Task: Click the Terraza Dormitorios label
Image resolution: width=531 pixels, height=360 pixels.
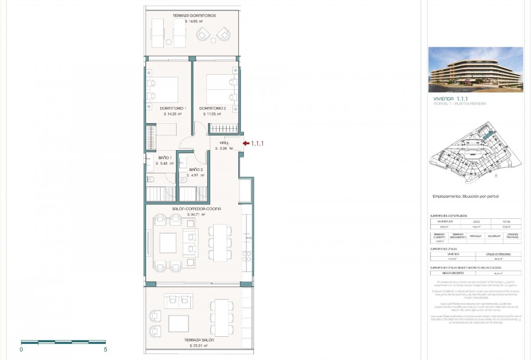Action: [x=194, y=16]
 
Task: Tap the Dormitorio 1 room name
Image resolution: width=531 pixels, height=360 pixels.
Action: [x=173, y=108]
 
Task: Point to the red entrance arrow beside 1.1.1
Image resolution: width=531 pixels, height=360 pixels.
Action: [x=246, y=143]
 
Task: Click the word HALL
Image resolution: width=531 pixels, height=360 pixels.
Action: [x=224, y=143]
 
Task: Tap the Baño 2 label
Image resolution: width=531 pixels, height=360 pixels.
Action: [x=196, y=170]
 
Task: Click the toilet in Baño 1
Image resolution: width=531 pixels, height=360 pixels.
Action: [x=150, y=179]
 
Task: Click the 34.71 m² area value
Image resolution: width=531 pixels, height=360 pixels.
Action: [x=196, y=215]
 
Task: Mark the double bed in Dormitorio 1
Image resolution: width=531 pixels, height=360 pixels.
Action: [x=164, y=90]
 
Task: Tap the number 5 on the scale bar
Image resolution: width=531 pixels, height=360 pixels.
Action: [x=105, y=350]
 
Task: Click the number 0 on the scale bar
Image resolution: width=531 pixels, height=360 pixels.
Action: [x=21, y=350]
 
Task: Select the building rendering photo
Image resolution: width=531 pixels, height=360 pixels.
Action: [x=475, y=70]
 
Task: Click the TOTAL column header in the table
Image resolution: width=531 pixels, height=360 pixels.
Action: [x=506, y=222]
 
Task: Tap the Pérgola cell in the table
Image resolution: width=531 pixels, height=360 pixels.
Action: [x=475, y=236]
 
